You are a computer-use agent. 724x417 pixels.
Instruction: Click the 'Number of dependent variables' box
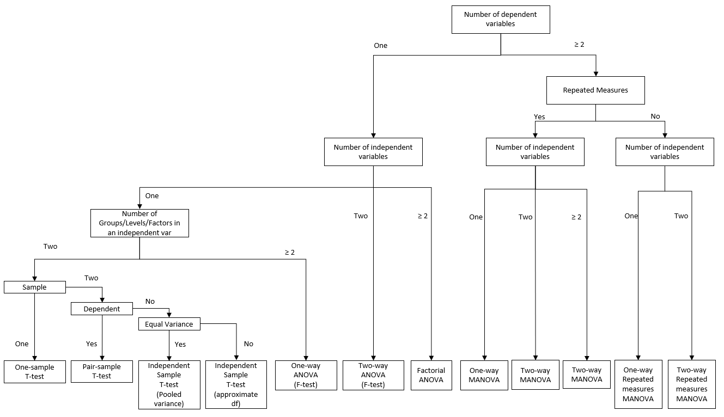pyautogui.click(x=500, y=20)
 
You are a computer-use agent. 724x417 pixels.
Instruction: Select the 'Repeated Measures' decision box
pyautogui.click(x=595, y=90)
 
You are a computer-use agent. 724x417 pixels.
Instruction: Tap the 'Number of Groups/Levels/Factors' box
pyautogui.click(x=139, y=223)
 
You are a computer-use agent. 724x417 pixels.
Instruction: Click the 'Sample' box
pyautogui.click(x=34, y=287)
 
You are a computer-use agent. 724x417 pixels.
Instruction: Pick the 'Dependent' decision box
pyautogui.click(x=102, y=309)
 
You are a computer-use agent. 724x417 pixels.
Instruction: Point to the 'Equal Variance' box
pyautogui.click(x=169, y=324)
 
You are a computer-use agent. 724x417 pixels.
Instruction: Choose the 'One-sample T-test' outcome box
pyautogui.click(x=34, y=371)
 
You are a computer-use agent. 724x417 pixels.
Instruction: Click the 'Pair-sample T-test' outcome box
pyautogui.click(x=102, y=371)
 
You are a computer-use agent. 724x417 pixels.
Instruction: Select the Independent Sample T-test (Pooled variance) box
pyautogui.click(x=169, y=384)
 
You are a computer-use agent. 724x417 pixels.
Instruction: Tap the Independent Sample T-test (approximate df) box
pyautogui.click(x=236, y=384)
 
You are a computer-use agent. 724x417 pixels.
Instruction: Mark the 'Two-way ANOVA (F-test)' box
pyautogui.click(x=373, y=375)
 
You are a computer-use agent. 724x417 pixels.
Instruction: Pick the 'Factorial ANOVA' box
pyautogui.click(x=431, y=375)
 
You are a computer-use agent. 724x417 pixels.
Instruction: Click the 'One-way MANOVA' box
pyautogui.click(x=484, y=375)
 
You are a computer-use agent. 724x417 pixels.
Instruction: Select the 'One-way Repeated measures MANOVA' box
pyautogui.click(x=638, y=384)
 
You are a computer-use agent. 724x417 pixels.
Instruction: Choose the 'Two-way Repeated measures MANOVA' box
pyautogui.click(x=691, y=384)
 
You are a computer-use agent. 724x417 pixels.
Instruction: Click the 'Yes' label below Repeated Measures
pyautogui.click(x=539, y=116)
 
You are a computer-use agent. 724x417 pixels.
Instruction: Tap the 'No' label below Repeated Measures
pyautogui.click(x=655, y=116)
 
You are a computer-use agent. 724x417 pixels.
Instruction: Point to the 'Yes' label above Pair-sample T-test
pyautogui.click(x=92, y=344)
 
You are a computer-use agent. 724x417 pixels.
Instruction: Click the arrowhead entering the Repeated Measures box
pyautogui.click(x=595, y=73)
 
